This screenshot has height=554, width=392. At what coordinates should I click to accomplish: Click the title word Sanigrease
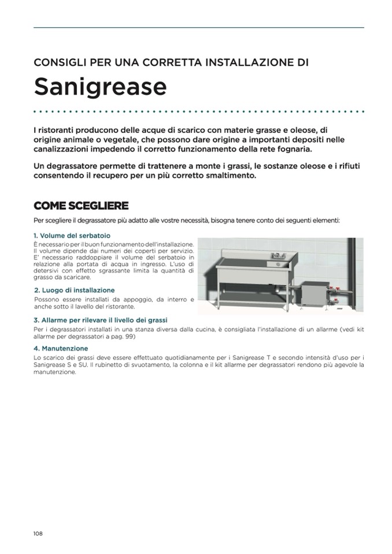pyautogui.click(x=100, y=87)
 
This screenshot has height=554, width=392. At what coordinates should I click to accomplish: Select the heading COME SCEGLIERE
pyautogui.click(x=81, y=206)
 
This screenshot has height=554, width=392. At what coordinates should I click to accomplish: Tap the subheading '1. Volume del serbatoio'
pyautogui.click(x=72, y=236)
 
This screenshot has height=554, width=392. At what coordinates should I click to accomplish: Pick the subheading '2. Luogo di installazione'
pyautogui.click(x=75, y=290)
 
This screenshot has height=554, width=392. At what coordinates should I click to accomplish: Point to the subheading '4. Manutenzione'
pyautogui.click(x=61, y=348)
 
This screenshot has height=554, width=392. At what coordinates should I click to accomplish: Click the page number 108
pyautogui.click(x=38, y=533)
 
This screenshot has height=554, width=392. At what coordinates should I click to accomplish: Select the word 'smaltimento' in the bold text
pyautogui.click(x=230, y=176)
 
